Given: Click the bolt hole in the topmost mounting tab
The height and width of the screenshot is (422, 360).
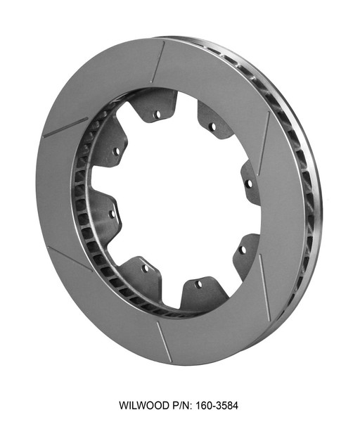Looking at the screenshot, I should pos(158,113).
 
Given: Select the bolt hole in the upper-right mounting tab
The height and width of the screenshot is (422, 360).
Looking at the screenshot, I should pos(211,127).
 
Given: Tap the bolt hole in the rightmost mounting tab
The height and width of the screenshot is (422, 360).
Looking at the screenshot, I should pos(248,183).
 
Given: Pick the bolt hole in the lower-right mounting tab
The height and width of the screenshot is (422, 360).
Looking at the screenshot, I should pos(242,248).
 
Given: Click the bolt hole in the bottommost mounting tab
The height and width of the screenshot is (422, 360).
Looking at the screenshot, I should pos(198,284).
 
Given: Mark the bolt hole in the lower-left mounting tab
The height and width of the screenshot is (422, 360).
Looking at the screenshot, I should pos(146,268).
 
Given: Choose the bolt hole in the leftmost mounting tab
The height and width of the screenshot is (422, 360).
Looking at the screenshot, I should pos(111,212).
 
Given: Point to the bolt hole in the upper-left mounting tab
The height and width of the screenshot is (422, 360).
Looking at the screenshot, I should pos(116,151).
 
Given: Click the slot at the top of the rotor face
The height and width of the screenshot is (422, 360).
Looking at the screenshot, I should pos(158,62).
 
